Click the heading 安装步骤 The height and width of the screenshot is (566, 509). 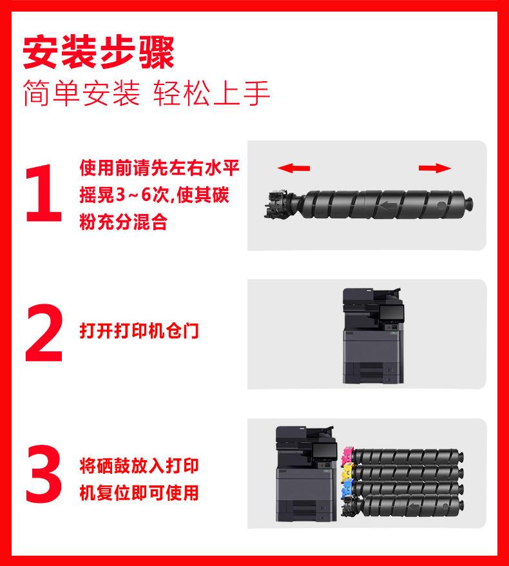(99, 52)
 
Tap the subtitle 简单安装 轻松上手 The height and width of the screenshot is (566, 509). (146, 93)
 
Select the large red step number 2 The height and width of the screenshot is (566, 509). (44, 333)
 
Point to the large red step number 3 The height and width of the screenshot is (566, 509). (44, 473)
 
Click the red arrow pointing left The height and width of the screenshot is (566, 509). (294, 168)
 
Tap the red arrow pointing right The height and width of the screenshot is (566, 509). (435, 168)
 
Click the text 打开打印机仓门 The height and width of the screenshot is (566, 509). (139, 331)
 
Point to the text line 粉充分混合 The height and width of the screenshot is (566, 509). (123, 222)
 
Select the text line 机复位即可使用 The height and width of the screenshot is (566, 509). (139, 493)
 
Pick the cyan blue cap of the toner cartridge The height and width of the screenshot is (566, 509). (347, 488)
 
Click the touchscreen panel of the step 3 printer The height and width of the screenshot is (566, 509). (324, 451)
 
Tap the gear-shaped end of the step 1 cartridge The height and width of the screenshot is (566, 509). (278, 204)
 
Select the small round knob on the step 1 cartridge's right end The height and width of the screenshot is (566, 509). (468, 204)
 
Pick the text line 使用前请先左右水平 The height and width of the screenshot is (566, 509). (159, 168)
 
